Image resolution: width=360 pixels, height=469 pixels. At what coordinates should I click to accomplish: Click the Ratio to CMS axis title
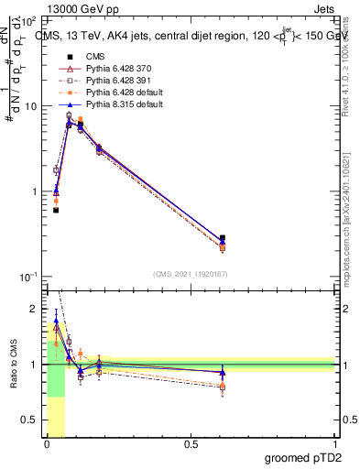[12, 376]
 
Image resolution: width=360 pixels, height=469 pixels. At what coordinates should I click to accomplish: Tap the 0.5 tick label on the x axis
[191, 444]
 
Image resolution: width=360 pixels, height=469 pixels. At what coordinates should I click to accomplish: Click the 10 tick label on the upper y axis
[31, 106]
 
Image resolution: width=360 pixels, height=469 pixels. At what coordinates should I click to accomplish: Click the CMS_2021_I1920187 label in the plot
[190, 273]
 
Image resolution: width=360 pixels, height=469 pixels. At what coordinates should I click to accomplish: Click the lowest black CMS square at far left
[56, 210]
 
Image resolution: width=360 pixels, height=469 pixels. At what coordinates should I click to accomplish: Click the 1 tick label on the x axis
[334, 444]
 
